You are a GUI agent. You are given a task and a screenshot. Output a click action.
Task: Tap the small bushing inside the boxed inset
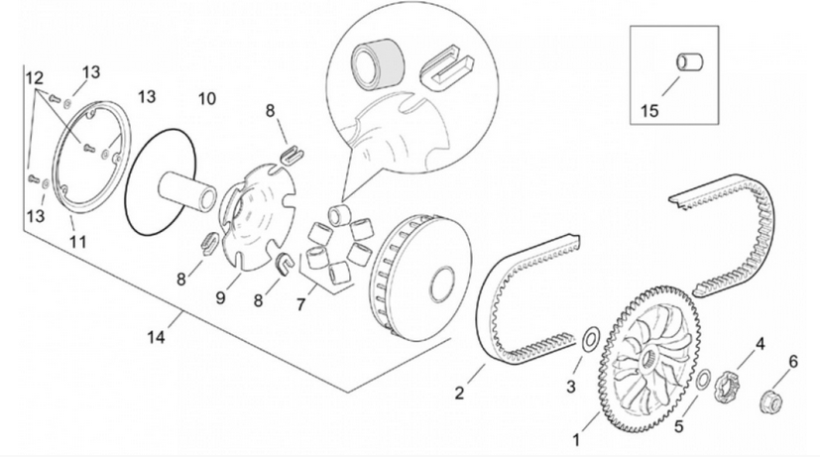(687, 63)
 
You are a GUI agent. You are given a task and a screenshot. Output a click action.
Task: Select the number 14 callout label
(156, 337)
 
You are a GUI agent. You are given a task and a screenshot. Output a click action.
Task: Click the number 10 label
(206, 99)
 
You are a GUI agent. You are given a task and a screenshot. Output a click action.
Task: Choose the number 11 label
(78, 241)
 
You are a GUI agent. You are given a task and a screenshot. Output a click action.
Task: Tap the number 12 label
(35, 77)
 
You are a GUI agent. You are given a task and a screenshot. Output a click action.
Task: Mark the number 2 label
(459, 393)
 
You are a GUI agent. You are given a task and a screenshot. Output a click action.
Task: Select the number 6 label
(792, 361)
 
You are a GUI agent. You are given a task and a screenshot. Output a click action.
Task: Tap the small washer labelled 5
(701, 382)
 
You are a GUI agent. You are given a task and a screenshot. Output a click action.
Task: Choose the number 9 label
(222, 296)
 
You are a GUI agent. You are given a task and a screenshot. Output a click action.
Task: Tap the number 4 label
(761, 344)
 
